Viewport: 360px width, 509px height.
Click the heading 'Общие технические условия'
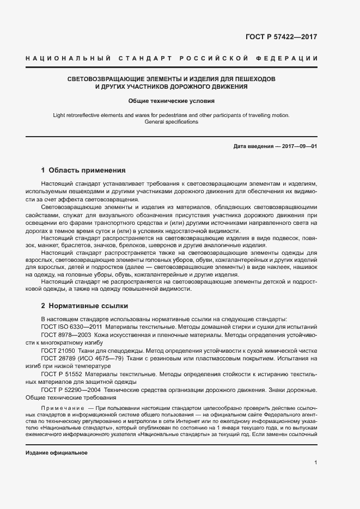(x=172, y=101)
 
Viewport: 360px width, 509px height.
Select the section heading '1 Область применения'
(x=83, y=170)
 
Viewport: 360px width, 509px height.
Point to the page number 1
(x=316, y=463)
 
